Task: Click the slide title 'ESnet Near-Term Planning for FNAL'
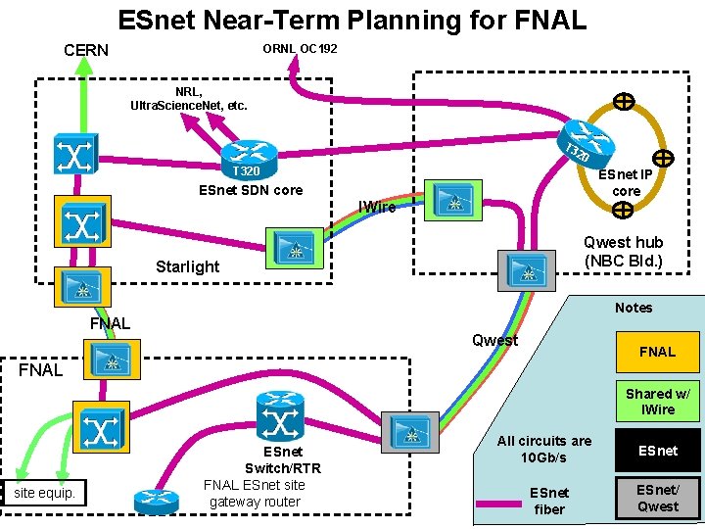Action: (352, 20)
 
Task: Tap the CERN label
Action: (86, 50)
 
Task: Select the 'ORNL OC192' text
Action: (300, 48)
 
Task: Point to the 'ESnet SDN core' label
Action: (251, 190)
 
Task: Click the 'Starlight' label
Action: (187, 266)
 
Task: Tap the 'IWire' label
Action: (377, 207)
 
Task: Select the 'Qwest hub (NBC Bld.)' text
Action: (623, 252)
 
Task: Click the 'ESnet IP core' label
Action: (626, 183)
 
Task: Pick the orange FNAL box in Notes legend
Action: (657, 352)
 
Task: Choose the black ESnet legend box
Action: (657, 451)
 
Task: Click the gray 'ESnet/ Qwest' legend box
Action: (657, 498)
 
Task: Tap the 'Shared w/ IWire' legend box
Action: (657, 402)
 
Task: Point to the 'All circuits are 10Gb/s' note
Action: (544, 449)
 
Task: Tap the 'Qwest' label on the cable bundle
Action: (494, 340)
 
